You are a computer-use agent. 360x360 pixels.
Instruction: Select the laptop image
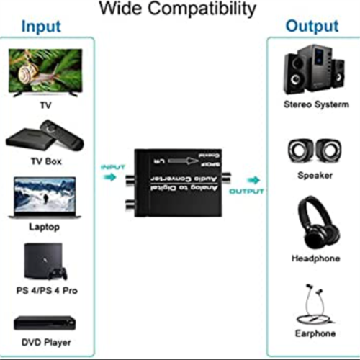pyautogui.click(x=45, y=198)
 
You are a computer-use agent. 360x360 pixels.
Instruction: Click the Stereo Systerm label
pyautogui.click(x=312, y=105)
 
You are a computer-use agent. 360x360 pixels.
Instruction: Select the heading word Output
pyautogui.click(x=312, y=27)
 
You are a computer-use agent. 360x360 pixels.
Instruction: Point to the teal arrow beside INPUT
pyautogui.click(x=108, y=177)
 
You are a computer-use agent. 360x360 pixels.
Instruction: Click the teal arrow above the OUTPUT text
pyautogui.click(x=252, y=179)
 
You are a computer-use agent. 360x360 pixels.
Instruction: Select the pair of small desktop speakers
pyautogui.click(x=312, y=150)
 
